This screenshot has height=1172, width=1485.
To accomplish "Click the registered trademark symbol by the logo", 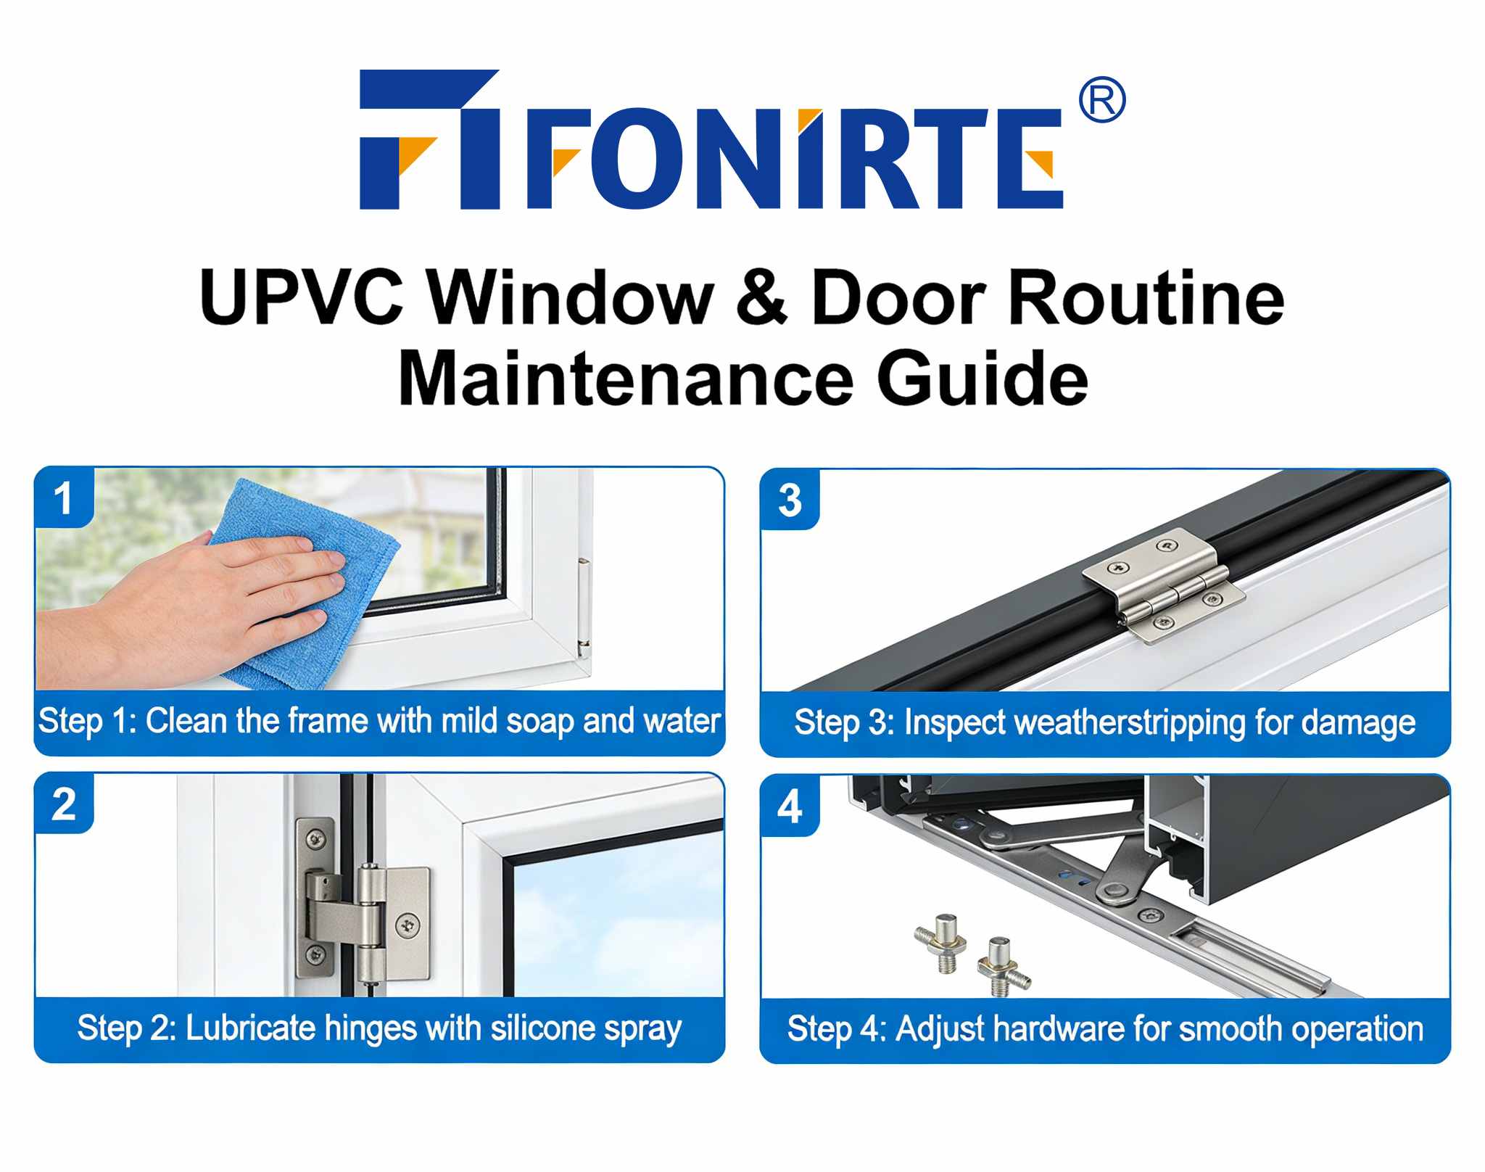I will [1101, 101].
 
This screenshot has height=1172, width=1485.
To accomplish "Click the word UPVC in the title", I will [301, 298].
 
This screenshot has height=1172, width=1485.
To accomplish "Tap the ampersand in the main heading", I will [761, 298].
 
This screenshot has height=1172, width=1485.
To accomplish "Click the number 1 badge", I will [64, 499].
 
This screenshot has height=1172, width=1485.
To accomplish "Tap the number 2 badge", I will [64, 804].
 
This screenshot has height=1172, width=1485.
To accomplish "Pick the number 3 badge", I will [790, 500].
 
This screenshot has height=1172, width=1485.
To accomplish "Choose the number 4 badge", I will [790, 806].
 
